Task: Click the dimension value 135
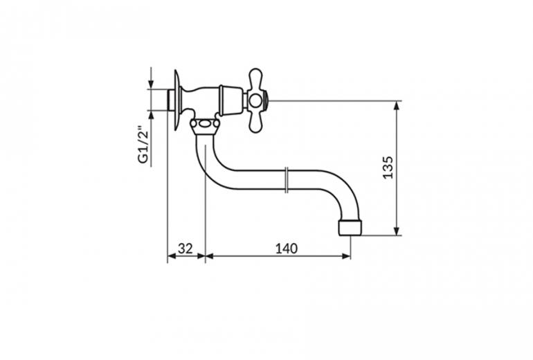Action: tap(388, 168)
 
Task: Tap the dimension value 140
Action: tap(286, 249)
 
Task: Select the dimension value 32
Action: tap(186, 249)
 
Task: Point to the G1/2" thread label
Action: tap(144, 145)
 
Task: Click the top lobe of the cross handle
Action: tap(255, 80)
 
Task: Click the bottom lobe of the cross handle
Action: tap(255, 121)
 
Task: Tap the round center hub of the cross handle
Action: tap(255, 100)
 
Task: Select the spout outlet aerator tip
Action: tap(350, 227)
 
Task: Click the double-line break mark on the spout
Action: tap(287, 180)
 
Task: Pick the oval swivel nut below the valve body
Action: tap(204, 125)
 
